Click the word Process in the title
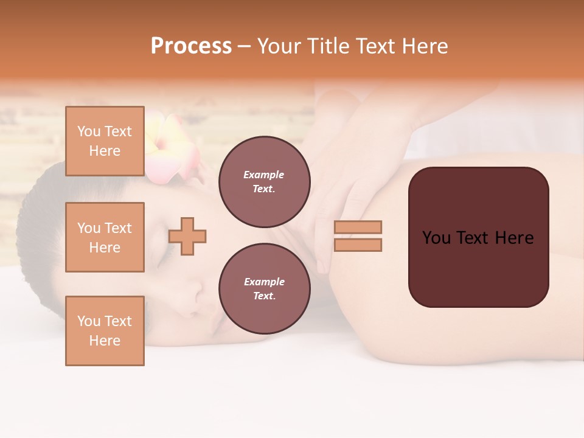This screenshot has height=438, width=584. (x=191, y=46)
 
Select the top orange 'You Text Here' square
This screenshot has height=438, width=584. (x=105, y=141)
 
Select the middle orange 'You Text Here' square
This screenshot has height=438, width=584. (x=105, y=237)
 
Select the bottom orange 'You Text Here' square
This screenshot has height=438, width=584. (x=105, y=331)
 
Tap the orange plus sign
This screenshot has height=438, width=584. (x=187, y=236)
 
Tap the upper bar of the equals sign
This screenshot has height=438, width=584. (x=358, y=227)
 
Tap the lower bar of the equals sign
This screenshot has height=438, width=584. (x=358, y=245)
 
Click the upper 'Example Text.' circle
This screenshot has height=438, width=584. (x=264, y=182)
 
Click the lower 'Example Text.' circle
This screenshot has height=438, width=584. (x=264, y=289)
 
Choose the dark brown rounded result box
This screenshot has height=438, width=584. (x=478, y=237)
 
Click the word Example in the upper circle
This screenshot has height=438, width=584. (x=263, y=175)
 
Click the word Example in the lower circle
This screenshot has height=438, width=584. (x=264, y=282)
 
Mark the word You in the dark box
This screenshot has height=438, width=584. (x=437, y=238)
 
